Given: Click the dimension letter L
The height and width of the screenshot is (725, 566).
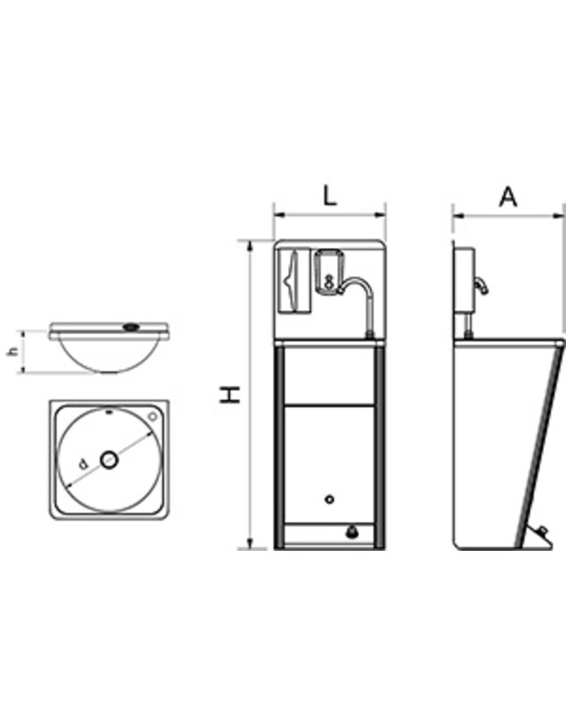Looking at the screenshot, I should pos(330,194).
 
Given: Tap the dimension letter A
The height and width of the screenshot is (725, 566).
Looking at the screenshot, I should pos(507,196).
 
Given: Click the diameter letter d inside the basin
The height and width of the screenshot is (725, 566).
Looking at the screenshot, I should pos(83,464).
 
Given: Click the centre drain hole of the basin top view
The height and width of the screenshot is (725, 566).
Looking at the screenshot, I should pos(108,460).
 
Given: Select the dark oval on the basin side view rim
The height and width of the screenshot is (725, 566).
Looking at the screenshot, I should pos(130,327).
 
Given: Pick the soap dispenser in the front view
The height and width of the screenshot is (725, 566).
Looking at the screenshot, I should pos(328,270).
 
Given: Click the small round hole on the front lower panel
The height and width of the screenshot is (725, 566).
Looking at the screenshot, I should pos(329,500).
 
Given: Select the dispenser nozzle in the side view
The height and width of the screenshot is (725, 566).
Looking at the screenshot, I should pos(483,285).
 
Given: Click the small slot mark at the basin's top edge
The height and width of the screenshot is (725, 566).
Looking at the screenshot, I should pos(107,412).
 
